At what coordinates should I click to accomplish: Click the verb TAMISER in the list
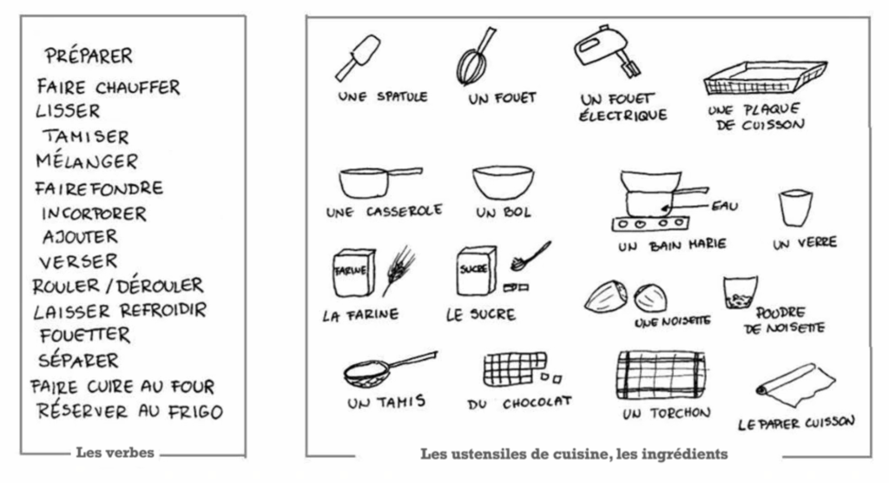click(86, 136)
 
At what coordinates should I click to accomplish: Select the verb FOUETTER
click(85, 334)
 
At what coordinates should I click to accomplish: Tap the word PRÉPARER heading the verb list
click(89, 55)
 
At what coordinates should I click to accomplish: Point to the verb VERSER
click(78, 261)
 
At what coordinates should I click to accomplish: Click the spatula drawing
click(357, 57)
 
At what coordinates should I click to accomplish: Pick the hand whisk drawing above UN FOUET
click(475, 56)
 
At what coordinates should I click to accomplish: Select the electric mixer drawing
click(605, 51)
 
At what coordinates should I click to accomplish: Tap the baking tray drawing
click(765, 78)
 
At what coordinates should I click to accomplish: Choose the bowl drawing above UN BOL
click(503, 182)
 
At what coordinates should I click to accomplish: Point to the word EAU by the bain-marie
click(725, 206)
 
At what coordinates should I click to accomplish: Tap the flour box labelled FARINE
click(354, 273)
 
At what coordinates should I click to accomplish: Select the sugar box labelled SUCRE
click(477, 271)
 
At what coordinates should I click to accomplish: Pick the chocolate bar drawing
click(516, 369)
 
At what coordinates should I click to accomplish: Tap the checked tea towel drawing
click(661, 375)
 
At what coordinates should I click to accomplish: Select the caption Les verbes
click(115, 453)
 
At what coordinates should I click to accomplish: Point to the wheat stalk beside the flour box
click(398, 270)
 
